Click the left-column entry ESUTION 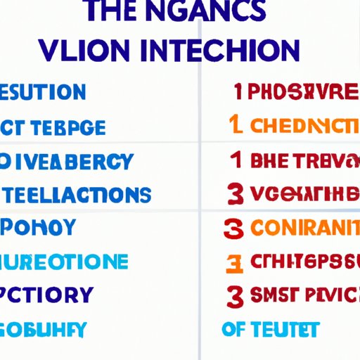41,92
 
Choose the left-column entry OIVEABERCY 66,161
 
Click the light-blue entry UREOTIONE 63,262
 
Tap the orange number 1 238,127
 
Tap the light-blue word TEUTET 285,328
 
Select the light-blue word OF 234,328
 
